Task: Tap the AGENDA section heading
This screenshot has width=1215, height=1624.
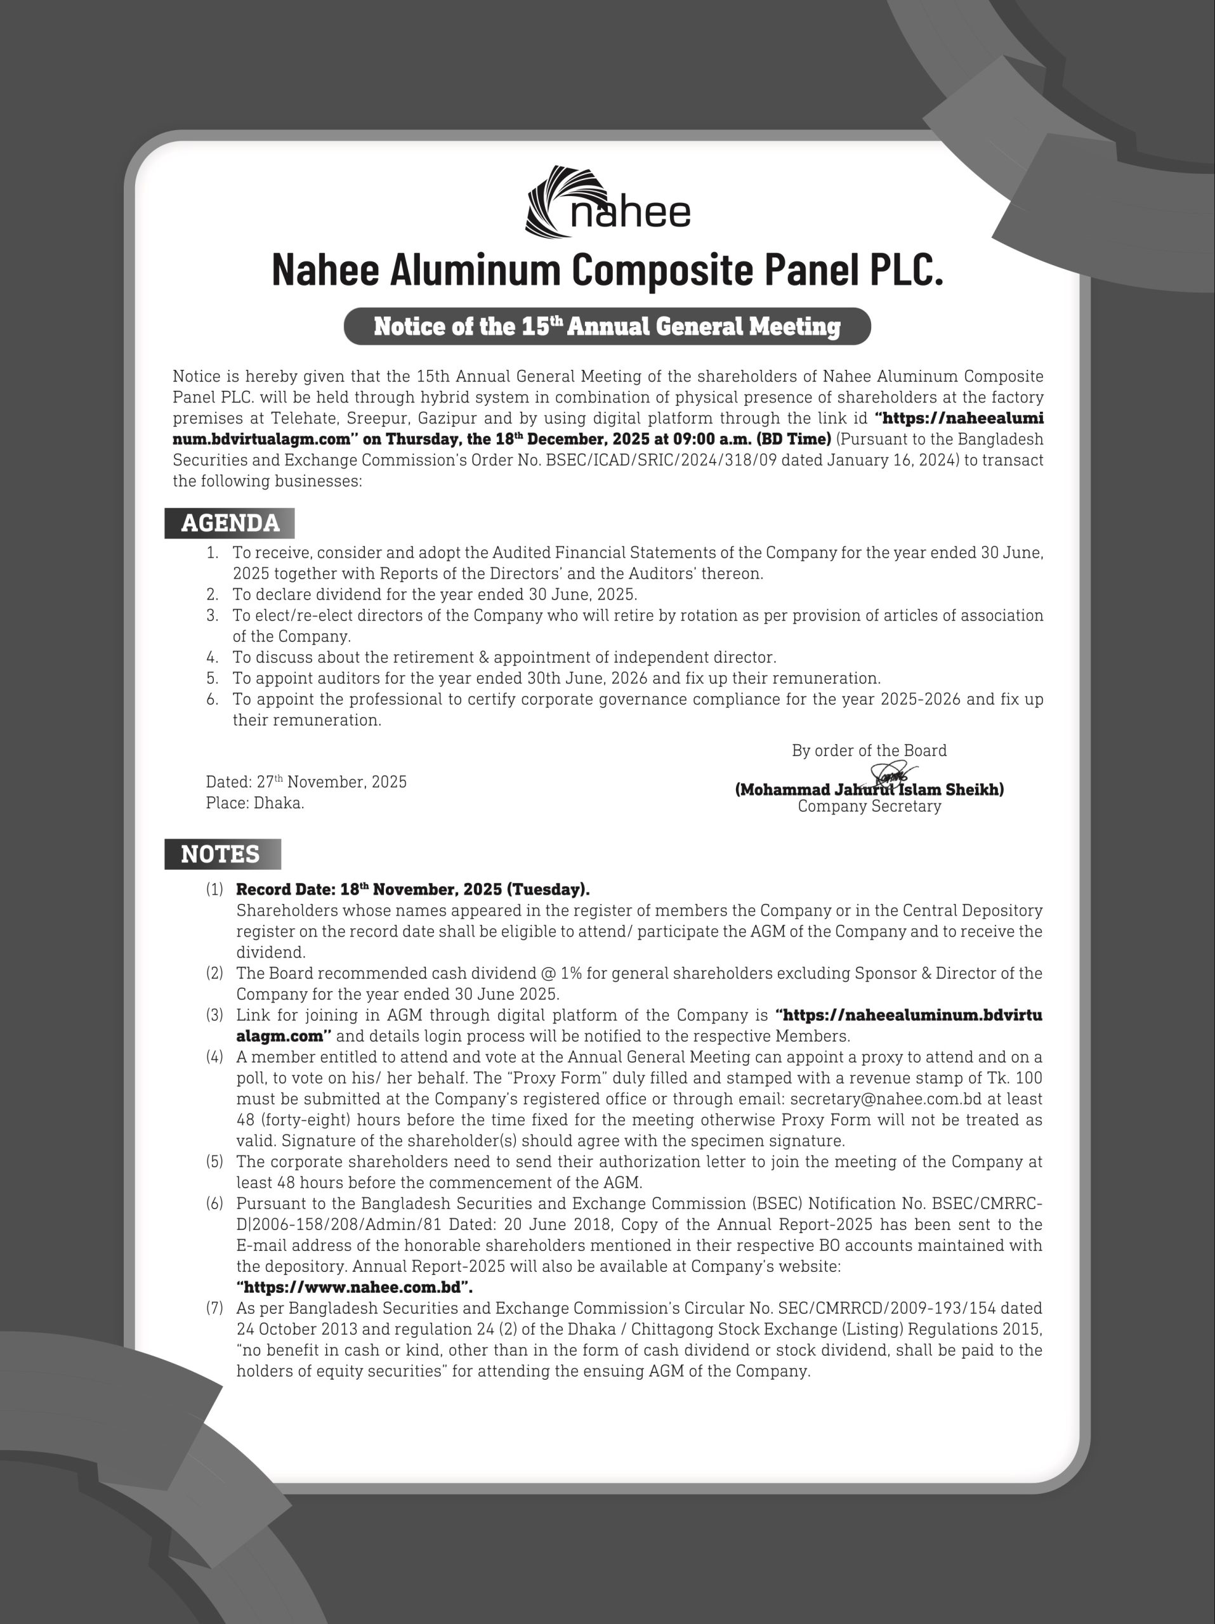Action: (x=230, y=523)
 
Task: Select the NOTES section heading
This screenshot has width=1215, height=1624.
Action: (x=220, y=854)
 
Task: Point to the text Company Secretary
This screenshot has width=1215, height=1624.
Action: (x=869, y=806)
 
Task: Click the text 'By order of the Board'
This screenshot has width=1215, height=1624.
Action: (x=869, y=750)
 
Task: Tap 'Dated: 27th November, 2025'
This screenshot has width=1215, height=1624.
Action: (x=306, y=782)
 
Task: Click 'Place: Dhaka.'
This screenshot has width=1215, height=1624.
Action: (x=255, y=803)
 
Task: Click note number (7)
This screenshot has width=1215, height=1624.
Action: (x=214, y=1308)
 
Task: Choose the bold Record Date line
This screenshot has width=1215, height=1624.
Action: (x=412, y=890)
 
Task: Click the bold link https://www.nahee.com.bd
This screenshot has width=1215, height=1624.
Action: (x=355, y=1287)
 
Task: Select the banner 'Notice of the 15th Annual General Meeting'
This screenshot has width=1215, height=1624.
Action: (x=607, y=326)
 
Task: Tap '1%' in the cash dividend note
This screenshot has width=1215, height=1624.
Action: (x=571, y=974)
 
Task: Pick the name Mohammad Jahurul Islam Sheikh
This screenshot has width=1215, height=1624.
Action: (x=869, y=790)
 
